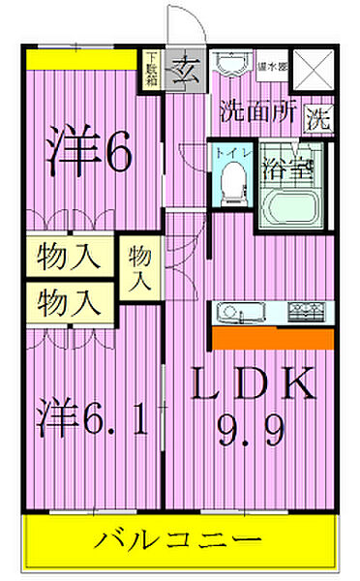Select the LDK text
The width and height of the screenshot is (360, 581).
pos(252,386)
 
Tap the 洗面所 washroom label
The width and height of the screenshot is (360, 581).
pos(255,110)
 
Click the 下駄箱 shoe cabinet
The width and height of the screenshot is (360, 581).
pos(153,69)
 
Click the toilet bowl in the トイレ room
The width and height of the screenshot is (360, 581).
pos(231,184)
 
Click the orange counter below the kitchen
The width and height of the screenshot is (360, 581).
pos(273,338)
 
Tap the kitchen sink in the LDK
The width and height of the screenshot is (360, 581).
pos(236,311)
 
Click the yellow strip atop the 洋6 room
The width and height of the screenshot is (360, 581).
pos(81,58)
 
